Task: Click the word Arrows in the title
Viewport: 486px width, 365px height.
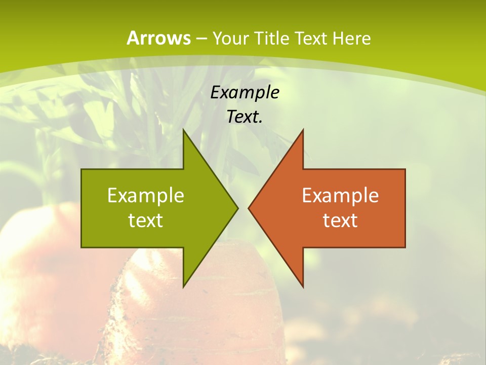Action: (158, 38)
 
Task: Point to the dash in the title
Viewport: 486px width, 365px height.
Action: (201, 39)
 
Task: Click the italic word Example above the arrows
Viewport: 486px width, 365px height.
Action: (245, 92)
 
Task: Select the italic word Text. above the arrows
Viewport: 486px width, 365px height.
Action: (245, 117)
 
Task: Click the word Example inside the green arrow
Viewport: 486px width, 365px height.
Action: (146, 196)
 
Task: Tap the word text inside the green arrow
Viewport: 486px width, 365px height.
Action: (146, 221)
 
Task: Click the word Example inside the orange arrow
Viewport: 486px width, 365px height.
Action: (340, 196)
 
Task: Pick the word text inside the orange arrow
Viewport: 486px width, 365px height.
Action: (340, 221)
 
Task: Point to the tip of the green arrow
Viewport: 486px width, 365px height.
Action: (237, 208)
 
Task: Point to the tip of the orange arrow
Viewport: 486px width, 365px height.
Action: (249, 208)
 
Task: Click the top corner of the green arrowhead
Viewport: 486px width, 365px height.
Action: (183, 130)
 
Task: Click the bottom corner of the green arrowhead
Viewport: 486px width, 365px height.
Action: (183, 286)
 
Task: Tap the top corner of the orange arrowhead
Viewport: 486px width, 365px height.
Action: (303, 130)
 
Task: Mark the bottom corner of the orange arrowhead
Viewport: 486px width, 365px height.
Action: (303, 286)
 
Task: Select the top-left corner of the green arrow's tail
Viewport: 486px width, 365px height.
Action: (82, 169)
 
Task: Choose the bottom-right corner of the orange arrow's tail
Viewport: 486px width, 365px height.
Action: (405, 247)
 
